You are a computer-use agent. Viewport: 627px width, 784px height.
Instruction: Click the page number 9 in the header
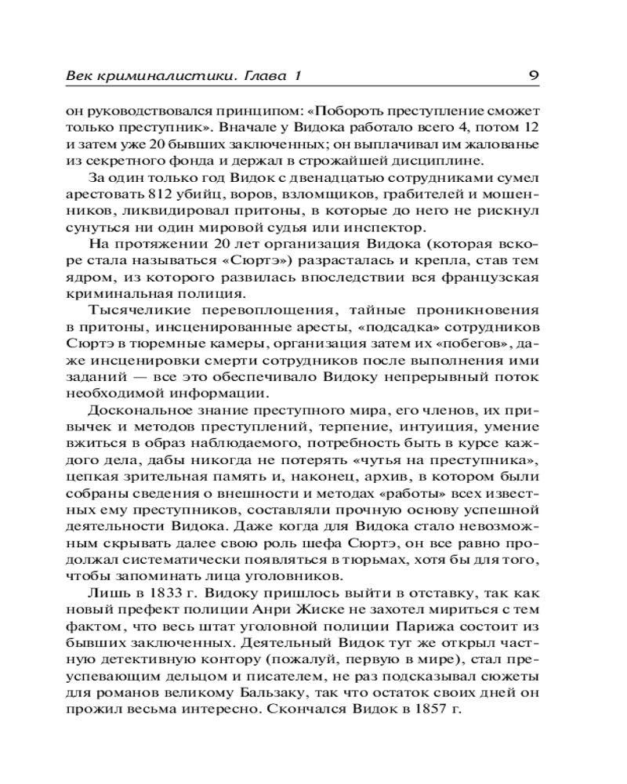[532, 76]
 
